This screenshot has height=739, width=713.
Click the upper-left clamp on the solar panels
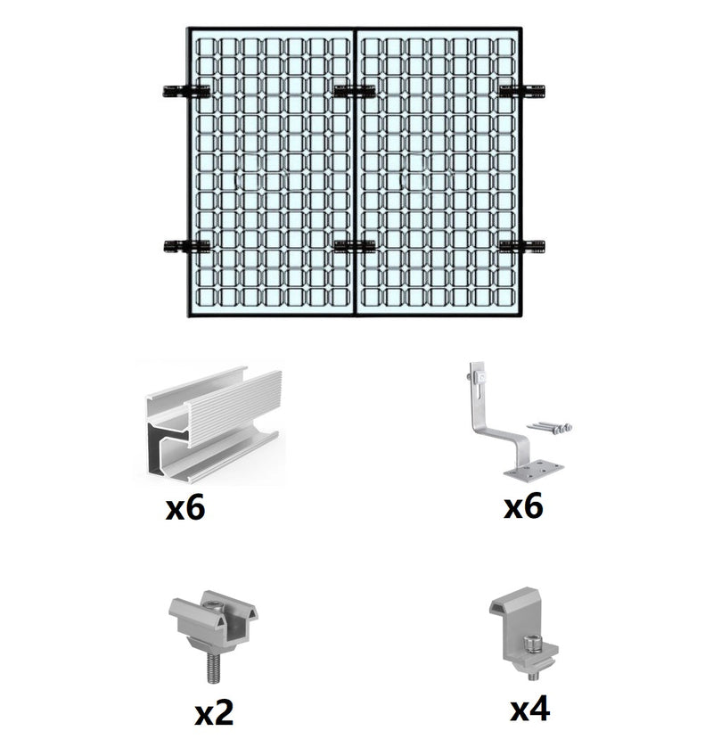coord(186,91)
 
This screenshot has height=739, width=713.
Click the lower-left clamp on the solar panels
coord(186,246)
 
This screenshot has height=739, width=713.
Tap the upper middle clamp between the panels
coord(355,91)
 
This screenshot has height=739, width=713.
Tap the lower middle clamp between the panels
coord(355,246)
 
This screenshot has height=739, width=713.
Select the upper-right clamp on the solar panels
coord(522,91)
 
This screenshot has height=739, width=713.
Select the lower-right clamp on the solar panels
coord(522,246)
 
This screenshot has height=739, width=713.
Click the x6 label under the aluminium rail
coord(185,508)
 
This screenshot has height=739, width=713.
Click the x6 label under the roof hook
coord(523,506)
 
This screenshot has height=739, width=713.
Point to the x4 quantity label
coord(529,709)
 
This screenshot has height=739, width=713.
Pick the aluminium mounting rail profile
coord(213,425)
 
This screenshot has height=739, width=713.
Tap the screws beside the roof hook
coord(550,427)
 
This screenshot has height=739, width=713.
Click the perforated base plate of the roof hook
coord(534,472)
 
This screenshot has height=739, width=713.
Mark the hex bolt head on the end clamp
coord(532,644)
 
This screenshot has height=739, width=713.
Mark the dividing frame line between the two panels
coord(355,171)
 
